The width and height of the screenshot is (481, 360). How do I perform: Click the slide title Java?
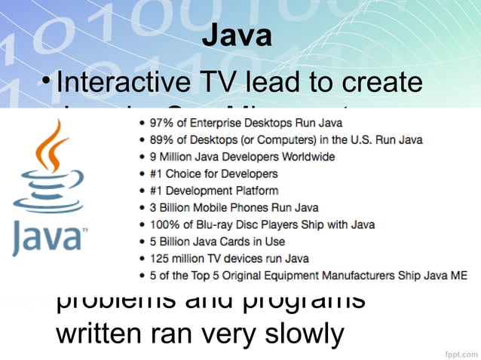237,35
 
